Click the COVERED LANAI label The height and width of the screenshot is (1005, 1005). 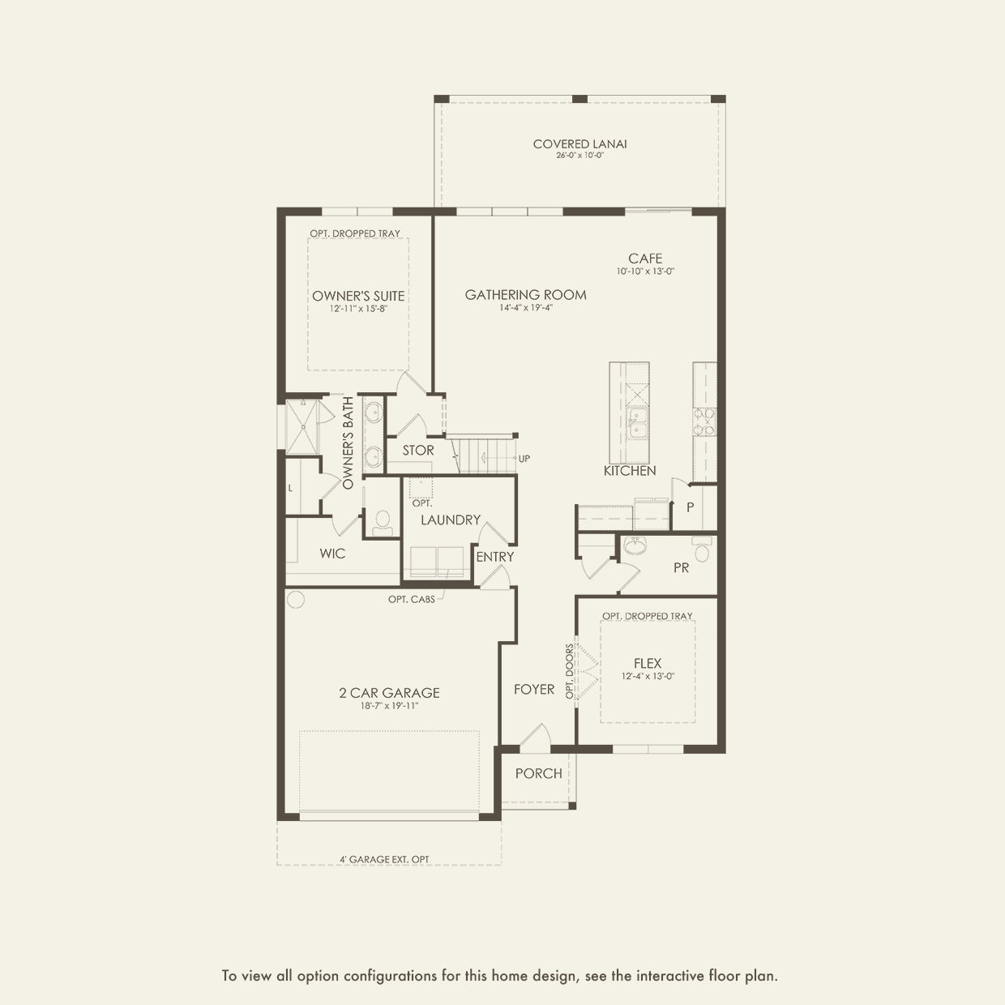click(579, 144)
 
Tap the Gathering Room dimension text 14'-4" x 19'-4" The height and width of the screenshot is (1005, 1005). click(526, 308)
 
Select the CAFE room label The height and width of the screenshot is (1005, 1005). click(645, 259)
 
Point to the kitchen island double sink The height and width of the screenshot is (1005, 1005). click(637, 423)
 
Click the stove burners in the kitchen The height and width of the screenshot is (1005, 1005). click(704, 422)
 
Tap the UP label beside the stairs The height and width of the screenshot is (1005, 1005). click(524, 459)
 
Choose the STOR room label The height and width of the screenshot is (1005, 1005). click(417, 451)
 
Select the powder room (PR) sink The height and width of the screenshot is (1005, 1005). click(634, 546)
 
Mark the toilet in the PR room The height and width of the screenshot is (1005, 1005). click(702, 550)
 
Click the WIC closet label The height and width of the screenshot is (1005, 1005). click(332, 554)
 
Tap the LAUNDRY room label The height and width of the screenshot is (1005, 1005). click(451, 520)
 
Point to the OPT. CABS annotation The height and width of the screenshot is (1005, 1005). click(412, 600)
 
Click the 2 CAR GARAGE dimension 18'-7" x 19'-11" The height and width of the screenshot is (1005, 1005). click(389, 706)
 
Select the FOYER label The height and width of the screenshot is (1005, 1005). click(534, 690)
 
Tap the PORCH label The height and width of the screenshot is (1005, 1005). click(539, 773)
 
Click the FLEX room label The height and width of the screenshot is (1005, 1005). click(648, 664)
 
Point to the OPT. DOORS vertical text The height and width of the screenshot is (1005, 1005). click(570, 672)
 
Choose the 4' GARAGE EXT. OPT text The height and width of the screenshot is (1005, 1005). click(384, 859)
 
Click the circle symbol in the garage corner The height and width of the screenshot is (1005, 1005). click(296, 599)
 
